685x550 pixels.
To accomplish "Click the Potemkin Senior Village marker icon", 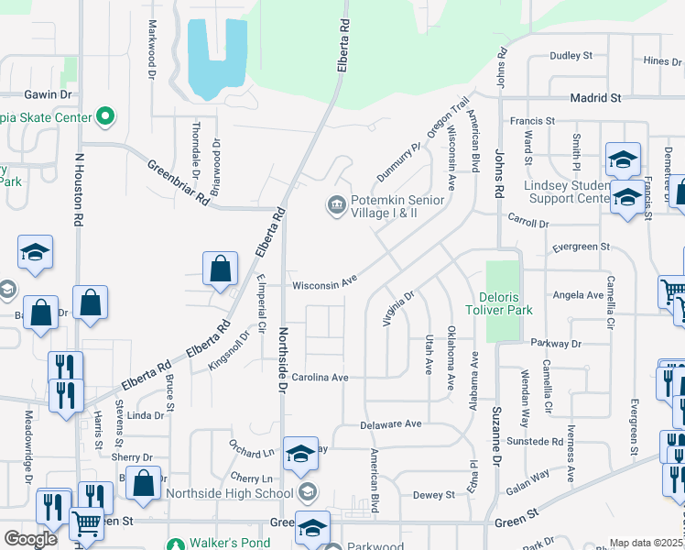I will click(336, 204).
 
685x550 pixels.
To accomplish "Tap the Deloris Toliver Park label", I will click(518, 303).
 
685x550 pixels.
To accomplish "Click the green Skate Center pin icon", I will click(105, 117).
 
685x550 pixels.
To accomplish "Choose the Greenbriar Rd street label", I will click(178, 183).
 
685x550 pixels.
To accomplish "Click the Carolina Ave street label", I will click(321, 378).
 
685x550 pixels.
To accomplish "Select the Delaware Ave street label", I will click(390, 424).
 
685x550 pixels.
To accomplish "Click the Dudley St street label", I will click(571, 56).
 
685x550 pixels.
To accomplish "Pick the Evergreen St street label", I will click(581, 247).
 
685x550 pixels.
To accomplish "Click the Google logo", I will click(31, 538).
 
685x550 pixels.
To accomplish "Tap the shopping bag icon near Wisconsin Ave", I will click(220, 270).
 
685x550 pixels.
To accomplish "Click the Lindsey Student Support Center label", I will click(566, 192).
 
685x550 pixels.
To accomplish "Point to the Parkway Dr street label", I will click(557, 344).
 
